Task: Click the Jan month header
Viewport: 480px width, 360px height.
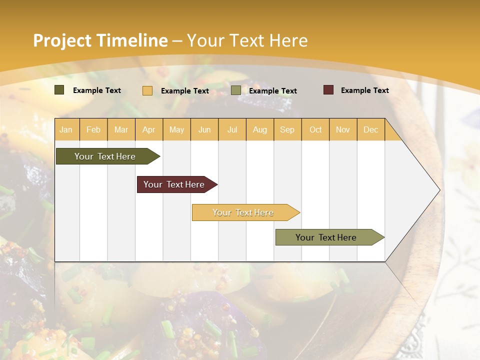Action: pyautogui.click(x=66, y=129)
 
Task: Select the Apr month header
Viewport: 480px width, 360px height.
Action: pyautogui.click(x=149, y=129)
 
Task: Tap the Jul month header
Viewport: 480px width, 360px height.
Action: pyautogui.click(x=232, y=129)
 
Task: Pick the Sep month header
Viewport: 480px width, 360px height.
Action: pyautogui.click(x=287, y=129)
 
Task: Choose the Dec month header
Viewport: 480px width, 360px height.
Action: pyautogui.click(x=370, y=129)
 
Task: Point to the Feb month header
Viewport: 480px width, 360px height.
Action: pyautogui.click(x=93, y=129)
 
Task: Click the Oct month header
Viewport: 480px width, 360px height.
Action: pyautogui.click(x=315, y=129)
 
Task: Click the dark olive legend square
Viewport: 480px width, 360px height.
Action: pyautogui.click(x=59, y=90)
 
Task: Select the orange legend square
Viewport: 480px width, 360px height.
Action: pyautogui.click(x=147, y=90)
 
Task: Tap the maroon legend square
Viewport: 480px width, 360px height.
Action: pyautogui.click(x=328, y=90)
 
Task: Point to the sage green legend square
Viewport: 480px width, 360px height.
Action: pyautogui.click(x=236, y=90)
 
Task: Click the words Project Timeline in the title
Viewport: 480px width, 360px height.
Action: pyautogui.click(x=100, y=40)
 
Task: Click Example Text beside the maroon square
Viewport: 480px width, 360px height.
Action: pyautogui.click(x=364, y=90)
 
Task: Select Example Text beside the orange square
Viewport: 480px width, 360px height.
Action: pyautogui.click(x=184, y=91)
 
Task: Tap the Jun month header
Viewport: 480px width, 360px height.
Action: pyautogui.click(x=204, y=129)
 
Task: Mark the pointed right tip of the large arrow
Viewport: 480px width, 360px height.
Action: pyautogui.click(x=439, y=190)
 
